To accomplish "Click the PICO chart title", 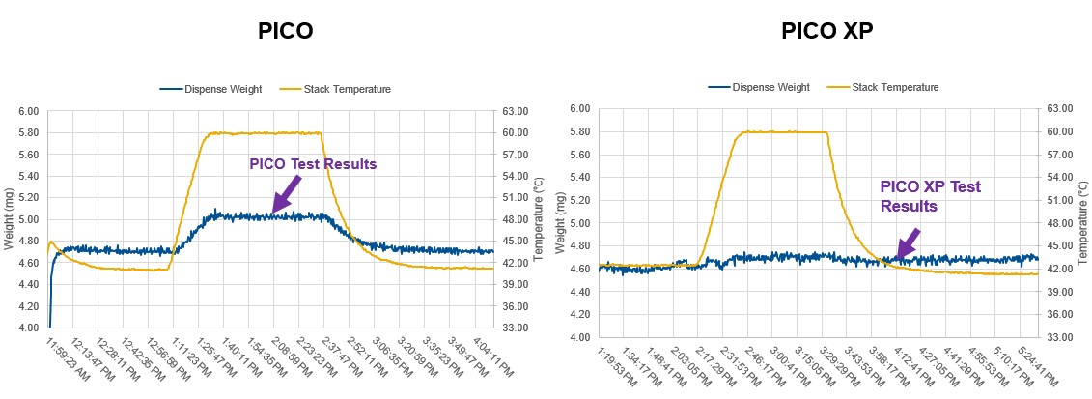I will point(285,32).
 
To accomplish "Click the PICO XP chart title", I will point(827,32).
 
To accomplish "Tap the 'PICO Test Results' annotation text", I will point(313,164).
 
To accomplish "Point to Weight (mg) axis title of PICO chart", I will point(9,219).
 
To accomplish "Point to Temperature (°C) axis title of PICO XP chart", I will point(1078,222).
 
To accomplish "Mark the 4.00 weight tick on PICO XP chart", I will point(577,337).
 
